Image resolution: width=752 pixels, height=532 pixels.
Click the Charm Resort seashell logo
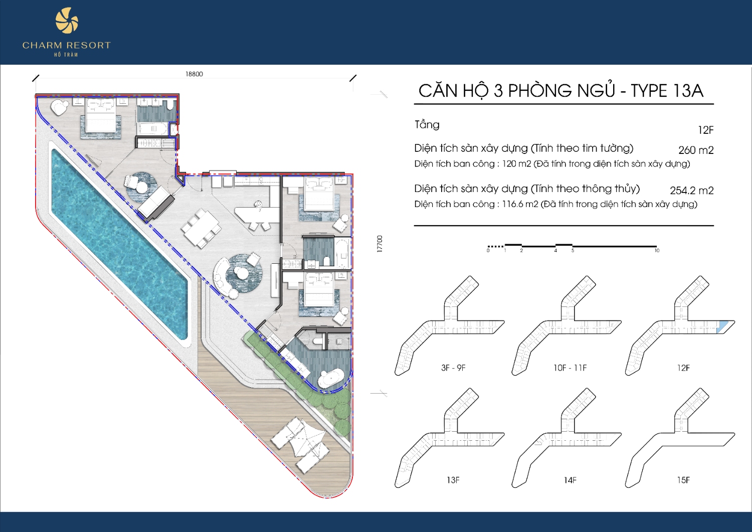(x=67, y=21)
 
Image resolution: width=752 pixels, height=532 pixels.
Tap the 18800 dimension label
(x=195, y=74)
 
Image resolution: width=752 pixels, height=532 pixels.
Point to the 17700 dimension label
(x=380, y=244)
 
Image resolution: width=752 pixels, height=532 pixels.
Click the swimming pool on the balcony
(x=119, y=244)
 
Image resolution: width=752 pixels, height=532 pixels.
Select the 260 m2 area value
(x=696, y=150)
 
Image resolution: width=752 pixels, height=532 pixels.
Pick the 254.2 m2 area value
(x=691, y=191)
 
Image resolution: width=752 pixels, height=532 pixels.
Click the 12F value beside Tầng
(x=706, y=130)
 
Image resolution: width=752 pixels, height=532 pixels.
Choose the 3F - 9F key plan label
(x=453, y=368)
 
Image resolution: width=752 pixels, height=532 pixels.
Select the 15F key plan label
(x=683, y=480)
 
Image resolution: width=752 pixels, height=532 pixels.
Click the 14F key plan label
(x=570, y=480)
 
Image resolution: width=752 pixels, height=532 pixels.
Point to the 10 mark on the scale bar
(x=657, y=251)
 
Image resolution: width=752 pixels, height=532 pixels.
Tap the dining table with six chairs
(x=201, y=228)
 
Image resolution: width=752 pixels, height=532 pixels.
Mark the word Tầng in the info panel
(x=427, y=125)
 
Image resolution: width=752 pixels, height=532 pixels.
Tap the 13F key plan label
(x=453, y=480)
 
